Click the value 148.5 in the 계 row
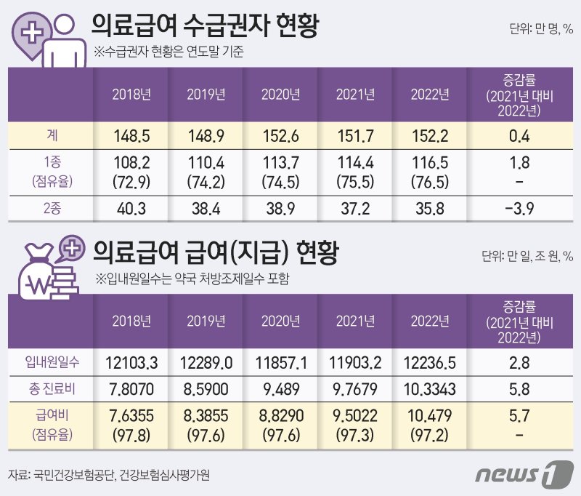(x=131, y=135)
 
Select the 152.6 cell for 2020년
(x=280, y=135)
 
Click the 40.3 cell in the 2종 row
(x=131, y=209)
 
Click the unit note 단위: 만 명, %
(x=541, y=31)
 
